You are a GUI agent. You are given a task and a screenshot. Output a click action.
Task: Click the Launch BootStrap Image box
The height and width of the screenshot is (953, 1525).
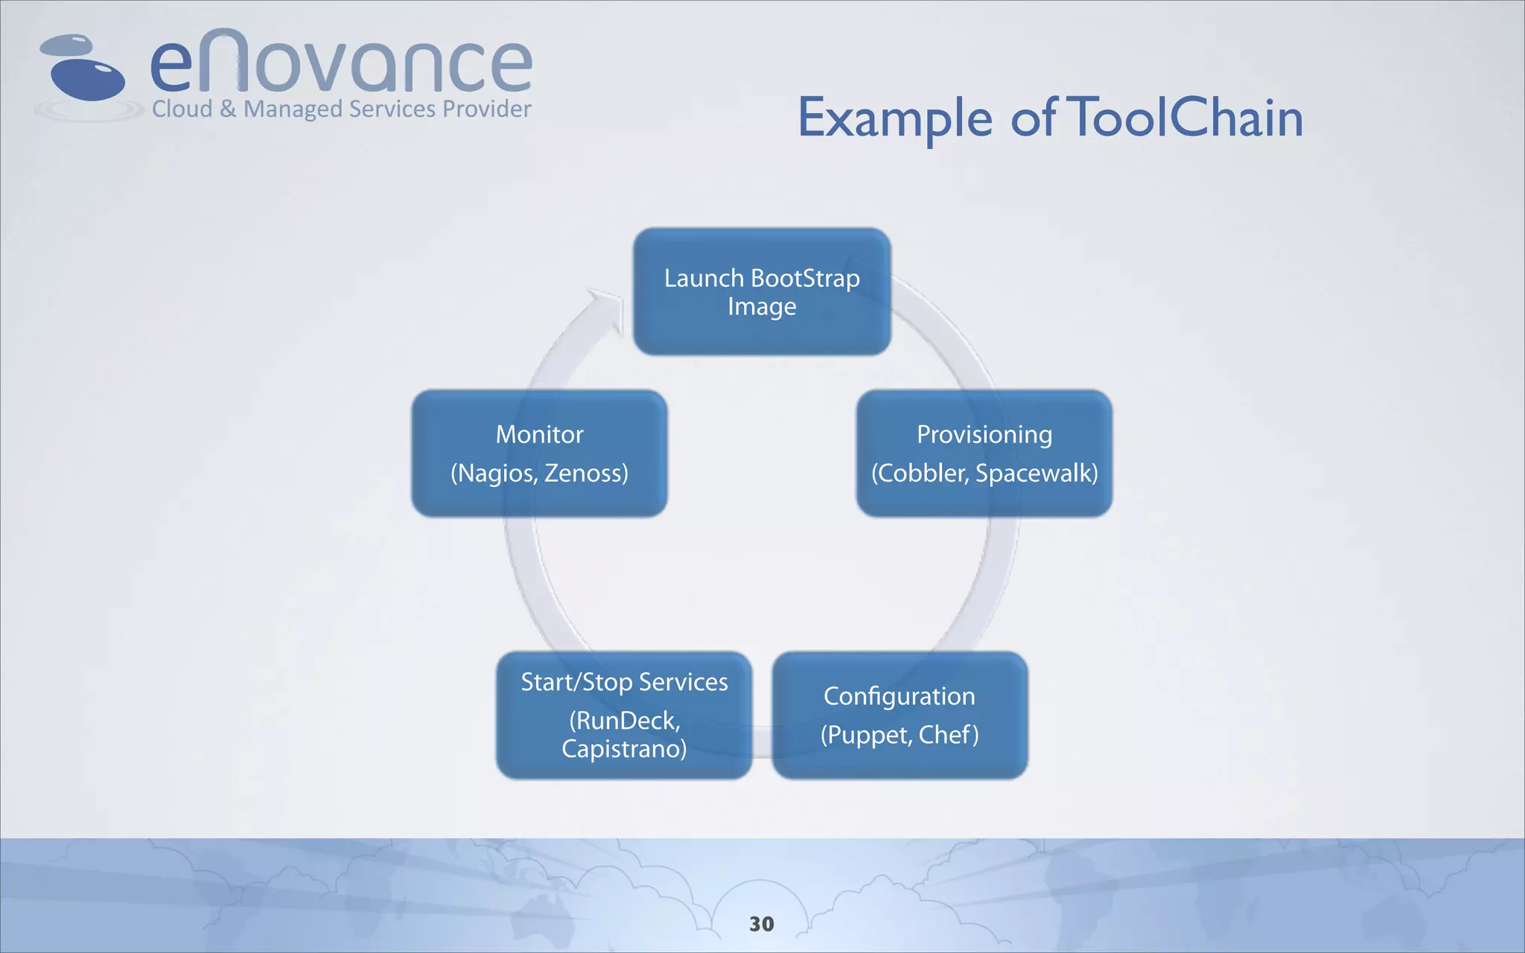pyautogui.click(x=762, y=292)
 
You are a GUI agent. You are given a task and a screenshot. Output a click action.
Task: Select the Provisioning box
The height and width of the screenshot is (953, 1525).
pyautogui.click(x=984, y=453)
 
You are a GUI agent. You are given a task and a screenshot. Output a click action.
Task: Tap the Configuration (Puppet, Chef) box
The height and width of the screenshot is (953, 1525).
pyautogui.click(x=900, y=715)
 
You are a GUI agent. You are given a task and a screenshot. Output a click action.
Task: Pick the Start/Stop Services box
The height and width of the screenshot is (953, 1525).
pyautogui.click(x=624, y=715)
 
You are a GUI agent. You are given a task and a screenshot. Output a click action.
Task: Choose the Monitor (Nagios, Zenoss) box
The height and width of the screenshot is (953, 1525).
pyautogui.click(x=539, y=453)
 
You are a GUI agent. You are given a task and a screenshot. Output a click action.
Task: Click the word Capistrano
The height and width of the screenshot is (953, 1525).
pyautogui.click(x=623, y=749)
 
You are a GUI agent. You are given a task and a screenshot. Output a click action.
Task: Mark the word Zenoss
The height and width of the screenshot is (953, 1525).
pyautogui.click(x=585, y=474)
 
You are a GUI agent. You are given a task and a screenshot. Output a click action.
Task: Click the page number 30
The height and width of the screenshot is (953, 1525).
pyautogui.click(x=762, y=924)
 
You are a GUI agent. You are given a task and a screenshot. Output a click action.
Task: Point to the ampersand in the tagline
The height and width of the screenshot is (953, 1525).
pyautogui.click(x=228, y=109)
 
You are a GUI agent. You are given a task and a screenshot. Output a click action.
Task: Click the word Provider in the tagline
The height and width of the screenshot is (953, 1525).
pyautogui.click(x=487, y=109)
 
